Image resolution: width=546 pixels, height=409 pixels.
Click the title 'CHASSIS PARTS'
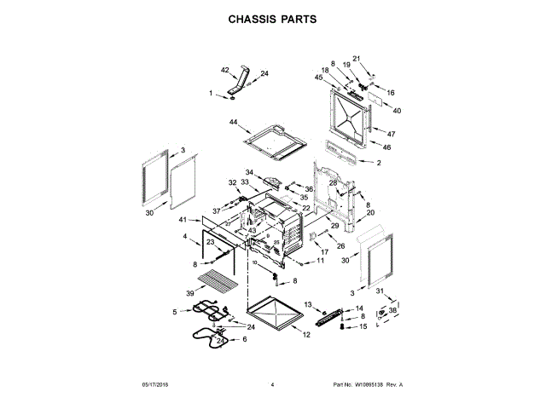click(x=272, y=18)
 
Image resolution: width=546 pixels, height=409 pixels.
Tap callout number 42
click(x=225, y=70)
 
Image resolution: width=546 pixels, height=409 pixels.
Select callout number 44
click(x=233, y=123)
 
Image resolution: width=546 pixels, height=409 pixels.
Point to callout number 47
click(x=392, y=135)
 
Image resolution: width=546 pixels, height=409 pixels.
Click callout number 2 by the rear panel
click(x=379, y=162)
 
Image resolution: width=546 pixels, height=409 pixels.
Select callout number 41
click(x=183, y=221)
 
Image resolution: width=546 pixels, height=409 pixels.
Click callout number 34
click(x=250, y=173)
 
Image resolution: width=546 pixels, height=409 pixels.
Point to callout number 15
click(x=363, y=326)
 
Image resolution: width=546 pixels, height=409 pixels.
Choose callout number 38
click(x=393, y=310)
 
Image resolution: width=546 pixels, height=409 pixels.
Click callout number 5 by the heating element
click(x=175, y=313)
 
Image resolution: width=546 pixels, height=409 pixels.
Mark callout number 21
click(x=357, y=58)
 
